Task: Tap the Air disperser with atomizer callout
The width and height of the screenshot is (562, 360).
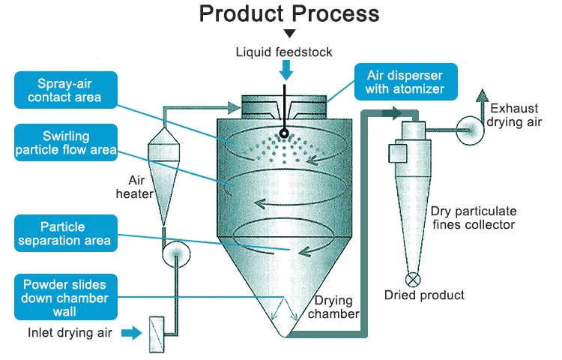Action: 405,83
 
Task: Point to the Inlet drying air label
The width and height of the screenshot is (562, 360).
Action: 70,331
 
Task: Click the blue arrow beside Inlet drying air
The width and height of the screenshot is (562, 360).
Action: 132,331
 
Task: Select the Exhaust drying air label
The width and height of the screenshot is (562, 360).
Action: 514,115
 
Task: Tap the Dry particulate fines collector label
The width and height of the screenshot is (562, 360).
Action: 474,217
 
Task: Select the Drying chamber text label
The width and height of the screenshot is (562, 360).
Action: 335,307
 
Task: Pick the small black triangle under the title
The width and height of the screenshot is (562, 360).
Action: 289,34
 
